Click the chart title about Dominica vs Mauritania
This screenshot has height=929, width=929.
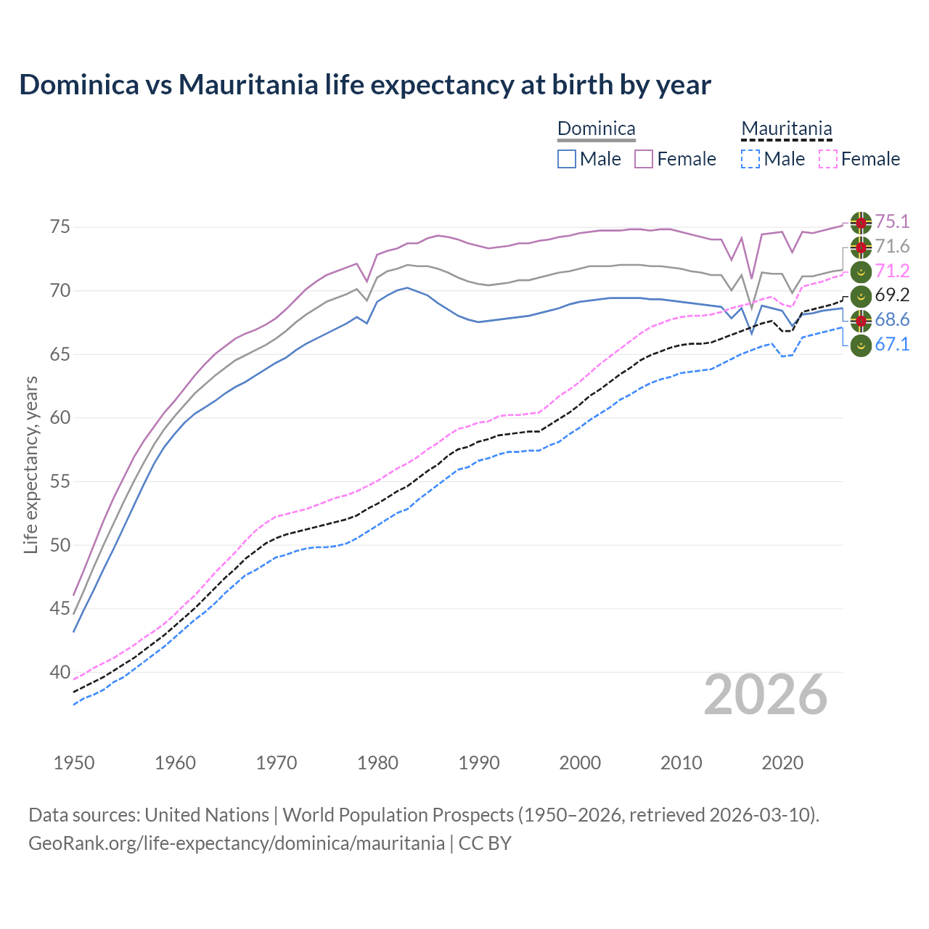tap(365, 85)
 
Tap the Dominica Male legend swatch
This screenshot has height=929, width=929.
tap(567, 159)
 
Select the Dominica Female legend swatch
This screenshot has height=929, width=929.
tap(644, 159)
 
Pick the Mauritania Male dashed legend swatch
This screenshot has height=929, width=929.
tap(750, 159)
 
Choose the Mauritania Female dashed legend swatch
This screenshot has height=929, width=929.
tap(827, 159)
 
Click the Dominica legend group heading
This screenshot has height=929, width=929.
tap(596, 129)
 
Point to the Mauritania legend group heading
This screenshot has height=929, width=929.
tap(786, 129)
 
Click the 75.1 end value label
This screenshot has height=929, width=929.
tap(892, 222)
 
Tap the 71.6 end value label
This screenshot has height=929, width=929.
tap(892, 247)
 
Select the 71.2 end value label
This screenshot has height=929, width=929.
tap(892, 271)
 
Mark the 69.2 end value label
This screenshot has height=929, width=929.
tap(892, 295)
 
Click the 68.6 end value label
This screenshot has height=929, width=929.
tap(892, 320)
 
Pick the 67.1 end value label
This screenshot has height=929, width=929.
tap(892, 345)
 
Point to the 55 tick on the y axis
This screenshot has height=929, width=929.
tap(60, 481)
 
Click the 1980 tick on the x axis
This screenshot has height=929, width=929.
tap(377, 763)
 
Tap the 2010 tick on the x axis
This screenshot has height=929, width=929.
tap(681, 763)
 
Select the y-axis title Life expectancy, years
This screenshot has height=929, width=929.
tap(30, 464)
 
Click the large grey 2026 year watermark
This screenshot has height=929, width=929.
tap(766, 695)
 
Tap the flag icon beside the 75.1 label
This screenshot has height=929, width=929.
tap(861, 223)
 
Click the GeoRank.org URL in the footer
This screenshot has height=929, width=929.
tap(236, 843)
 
